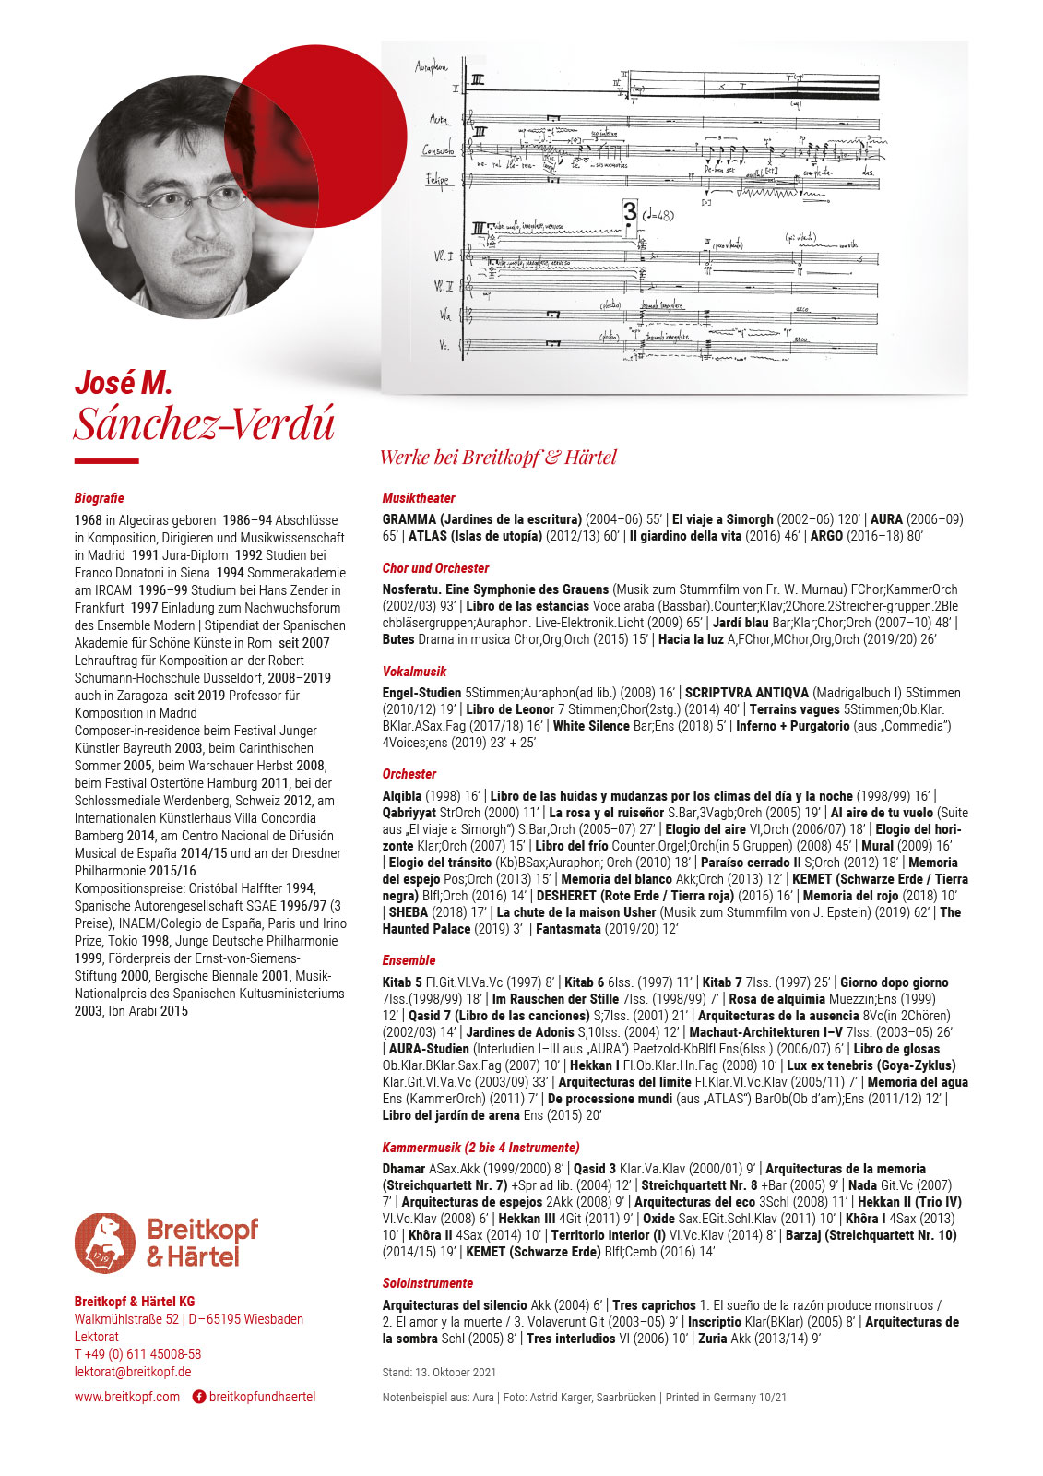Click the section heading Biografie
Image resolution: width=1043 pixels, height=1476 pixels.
pyautogui.click(x=99, y=498)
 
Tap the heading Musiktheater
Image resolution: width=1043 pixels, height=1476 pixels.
pyautogui.click(x=419, y=498)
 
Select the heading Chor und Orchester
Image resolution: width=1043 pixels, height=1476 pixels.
pyautogui.click(x=435, y=568)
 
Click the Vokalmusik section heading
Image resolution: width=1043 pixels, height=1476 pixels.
pyautogui.click(x=414, y=672)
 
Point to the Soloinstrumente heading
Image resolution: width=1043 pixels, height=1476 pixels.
pyautogui.click(x=427, y=1283)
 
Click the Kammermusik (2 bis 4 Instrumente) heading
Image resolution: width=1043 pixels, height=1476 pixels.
pyautogui.click(x=480, y=1148)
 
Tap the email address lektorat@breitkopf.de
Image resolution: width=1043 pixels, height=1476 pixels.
pyautogui.click(x=133, y=1372)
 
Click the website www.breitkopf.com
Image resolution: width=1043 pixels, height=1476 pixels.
pyautogui.click(x=127, y=1397)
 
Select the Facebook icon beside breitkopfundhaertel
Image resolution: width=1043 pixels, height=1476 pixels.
pyautogui.click(x=198, y=1397)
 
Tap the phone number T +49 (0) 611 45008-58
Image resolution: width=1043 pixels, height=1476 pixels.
pyautogui.click(x=137, y=1354)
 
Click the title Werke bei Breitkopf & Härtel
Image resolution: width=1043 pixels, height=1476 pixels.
pyautogui.click(x=498, y=458)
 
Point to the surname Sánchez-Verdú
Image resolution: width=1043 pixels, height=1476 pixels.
pyautogui.click(x=204, y=424)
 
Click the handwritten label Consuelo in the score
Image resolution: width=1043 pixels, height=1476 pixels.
pyautogui.click(x=438, y=150)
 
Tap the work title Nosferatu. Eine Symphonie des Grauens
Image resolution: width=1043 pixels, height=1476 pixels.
pyautogui.click(x=495, y=589)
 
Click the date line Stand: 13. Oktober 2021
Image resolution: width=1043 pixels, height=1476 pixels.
pyautogui.click(x=439, y=1373)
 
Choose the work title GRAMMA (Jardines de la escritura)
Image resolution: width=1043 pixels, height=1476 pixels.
pyautogui.click(x=481, y=519)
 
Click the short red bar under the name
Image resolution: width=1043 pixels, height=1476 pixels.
pyautogui.click(x=106, y=461)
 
